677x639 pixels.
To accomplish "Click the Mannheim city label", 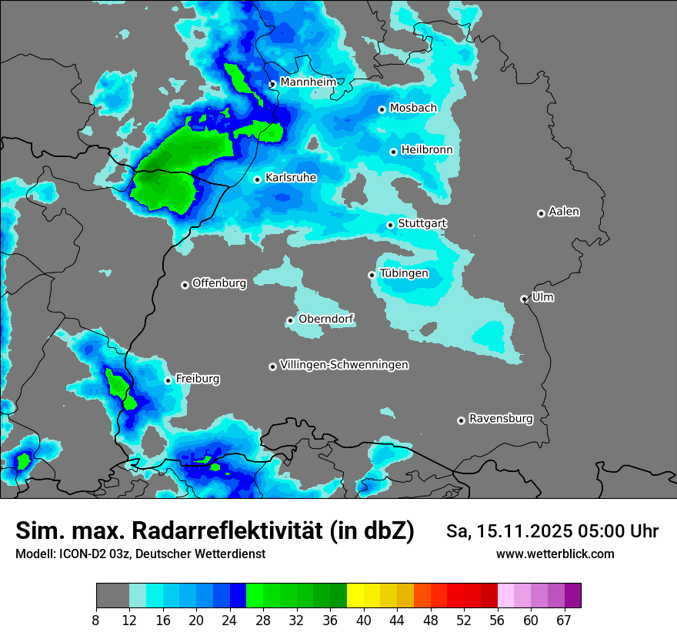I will click(308, 82).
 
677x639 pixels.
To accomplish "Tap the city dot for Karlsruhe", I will click(258, 179).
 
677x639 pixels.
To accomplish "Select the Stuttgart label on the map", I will click(422, 223).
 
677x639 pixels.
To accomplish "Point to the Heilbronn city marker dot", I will click(393, 152).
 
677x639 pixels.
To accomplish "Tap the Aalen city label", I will click(564, 211).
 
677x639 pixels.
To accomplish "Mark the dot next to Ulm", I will click(524, 299).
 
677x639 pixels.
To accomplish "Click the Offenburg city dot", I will click(185, 285).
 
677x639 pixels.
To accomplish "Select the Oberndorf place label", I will click(326, 319).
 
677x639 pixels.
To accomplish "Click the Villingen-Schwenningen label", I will click(344, 365).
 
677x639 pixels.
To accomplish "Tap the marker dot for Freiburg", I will click(168, 380).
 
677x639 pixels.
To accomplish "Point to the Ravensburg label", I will click(501, 419).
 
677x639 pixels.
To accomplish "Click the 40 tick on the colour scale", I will click(364, 621).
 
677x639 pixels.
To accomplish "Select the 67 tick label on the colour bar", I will click(565, 621).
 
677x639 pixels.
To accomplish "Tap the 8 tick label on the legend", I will click(95, 621).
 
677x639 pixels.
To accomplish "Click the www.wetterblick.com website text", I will click(555, 554).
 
